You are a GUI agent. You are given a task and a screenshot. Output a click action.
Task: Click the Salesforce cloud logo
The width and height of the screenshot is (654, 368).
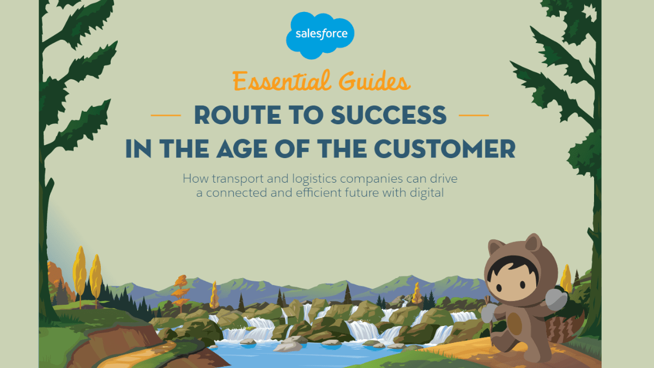coord(320,35)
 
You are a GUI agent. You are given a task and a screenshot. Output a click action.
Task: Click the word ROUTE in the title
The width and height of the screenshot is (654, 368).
coord(238,115)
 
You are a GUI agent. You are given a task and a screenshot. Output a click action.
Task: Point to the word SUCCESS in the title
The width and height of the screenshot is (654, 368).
coord(389,115)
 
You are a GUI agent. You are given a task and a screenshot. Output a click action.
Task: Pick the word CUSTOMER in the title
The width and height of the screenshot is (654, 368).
coord(445,149)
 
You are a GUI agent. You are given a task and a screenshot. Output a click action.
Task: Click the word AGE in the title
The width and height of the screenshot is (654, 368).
coord(242,149)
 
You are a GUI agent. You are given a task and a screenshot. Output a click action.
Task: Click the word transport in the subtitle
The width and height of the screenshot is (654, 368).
coord(238,179)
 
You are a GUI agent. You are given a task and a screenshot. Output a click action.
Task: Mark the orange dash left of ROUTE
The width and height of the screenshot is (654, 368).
coord(166,116)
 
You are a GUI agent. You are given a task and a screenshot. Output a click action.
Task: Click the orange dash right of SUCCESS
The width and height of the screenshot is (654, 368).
coord(474,116)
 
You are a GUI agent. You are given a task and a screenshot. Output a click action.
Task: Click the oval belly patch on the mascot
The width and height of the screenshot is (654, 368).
coord(514,324)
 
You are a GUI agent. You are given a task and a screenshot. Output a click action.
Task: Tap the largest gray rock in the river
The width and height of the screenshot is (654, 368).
coord(288,346)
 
